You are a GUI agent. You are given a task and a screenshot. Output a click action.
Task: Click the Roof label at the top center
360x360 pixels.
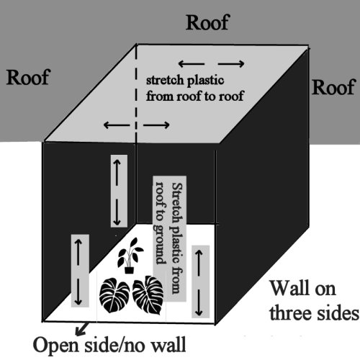coord(208,22)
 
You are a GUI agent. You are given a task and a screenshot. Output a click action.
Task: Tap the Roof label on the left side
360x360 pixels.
coord(28,77)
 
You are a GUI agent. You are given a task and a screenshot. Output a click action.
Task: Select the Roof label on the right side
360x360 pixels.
coord(333,87)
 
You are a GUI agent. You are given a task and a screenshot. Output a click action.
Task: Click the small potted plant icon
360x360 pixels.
coord(130,256)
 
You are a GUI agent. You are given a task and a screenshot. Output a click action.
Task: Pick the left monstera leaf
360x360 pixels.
coord(114,295)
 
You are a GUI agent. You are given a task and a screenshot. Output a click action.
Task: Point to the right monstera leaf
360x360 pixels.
coord(148,295)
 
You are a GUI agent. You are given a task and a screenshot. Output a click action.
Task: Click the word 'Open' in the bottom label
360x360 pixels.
coord(56,346)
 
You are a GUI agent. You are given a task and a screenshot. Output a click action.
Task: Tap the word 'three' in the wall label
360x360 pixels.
coord(292,313)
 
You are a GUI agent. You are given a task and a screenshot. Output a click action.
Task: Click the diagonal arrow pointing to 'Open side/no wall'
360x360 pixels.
coord(81,329)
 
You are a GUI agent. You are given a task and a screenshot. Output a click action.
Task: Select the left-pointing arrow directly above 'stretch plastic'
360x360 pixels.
coord(192,64)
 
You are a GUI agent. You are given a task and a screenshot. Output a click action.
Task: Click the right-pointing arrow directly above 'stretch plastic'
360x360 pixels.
coord(231,64)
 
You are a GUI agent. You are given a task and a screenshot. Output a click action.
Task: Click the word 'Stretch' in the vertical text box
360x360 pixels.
coord(177,203)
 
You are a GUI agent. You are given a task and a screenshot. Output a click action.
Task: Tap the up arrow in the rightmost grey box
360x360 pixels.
coord(199,263)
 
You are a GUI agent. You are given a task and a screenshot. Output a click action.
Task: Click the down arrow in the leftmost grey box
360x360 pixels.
coord(78,292)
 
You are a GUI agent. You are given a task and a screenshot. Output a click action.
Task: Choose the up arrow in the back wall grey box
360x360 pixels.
coord(117,173)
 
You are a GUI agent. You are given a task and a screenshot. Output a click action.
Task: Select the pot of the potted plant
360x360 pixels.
coord(129,270)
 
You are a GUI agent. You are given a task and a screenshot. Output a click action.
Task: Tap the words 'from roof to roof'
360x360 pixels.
coord(195,96)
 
